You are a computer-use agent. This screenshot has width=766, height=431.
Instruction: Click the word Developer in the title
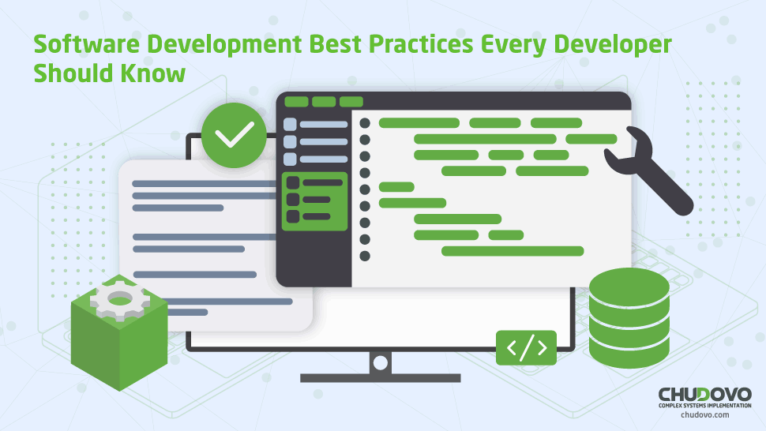pyautogui.click(x=613, y=45)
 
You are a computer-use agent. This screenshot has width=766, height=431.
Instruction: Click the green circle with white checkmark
pyautogui.click(x=234, y=135)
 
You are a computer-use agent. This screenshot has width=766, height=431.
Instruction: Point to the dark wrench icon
pyautogui.click(x=649, y=170)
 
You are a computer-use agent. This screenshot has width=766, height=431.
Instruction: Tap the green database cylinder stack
pyautogui.click(x=629, y=318)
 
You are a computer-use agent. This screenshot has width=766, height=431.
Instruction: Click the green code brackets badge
pyautogui.click(x=526, y=347)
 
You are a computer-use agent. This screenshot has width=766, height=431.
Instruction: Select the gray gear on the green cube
pyautogui.click(x=120, y=298)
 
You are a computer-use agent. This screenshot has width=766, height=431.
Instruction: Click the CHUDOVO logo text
pyautogui.click(x=705, y=395)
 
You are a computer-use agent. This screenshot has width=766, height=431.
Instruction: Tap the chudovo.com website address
pyautogui.click(x=705, y=415)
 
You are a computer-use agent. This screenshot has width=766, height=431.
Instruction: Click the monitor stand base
pyautogui.click(x=380, y=378)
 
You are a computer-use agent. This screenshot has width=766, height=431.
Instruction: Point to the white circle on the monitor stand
pyautogui.click(x=380, y=362)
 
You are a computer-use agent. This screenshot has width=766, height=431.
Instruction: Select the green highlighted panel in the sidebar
pyautogui.click(x=314, y=201)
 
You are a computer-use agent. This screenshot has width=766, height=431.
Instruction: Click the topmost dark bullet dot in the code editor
pyautogui.click(x=364, y=123)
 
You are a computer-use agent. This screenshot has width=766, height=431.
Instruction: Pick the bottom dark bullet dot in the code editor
pyautogui.click(x=364, y=256)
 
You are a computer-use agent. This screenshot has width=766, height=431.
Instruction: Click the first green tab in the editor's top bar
pyautogui.click(x=296, y=102)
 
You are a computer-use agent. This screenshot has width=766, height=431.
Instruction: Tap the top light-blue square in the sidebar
pyautogui.click(x=290, y=124)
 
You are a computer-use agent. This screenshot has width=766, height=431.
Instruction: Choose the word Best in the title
pyautogui.click(x=335, y=44)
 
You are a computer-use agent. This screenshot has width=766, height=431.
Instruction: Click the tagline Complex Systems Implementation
pyautogui.click(x=705, y=406)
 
